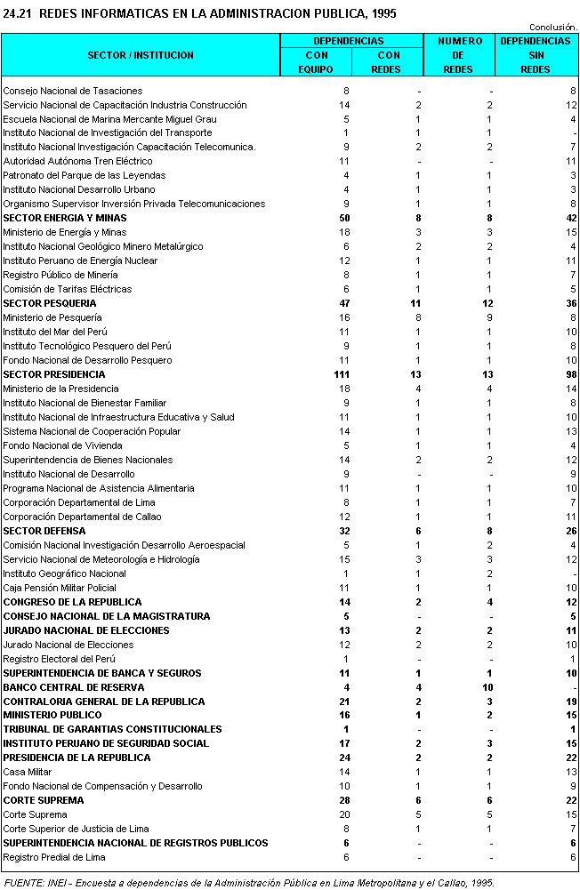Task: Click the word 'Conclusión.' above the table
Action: tap(553, 28)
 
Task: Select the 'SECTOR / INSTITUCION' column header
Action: tap(141, 55)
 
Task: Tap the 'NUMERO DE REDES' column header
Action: tap(460, 55)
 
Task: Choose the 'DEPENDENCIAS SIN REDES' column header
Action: tap(536, 55)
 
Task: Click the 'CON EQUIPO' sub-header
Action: tap(316, 62)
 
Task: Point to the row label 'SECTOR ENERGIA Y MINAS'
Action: tap(65, 218)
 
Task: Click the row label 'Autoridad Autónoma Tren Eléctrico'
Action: tap(77, 161)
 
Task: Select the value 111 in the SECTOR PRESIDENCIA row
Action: tap(341, 374)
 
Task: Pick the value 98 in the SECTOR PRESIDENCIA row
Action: tap(570, 374)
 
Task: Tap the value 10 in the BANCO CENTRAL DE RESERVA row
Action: tap(487, 687)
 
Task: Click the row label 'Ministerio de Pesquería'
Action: tap(52, 317)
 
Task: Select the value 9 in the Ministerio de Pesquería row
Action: tap(489, 317)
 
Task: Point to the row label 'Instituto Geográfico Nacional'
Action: tap(64, 573)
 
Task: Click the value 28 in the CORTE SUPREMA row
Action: tap(343, 800)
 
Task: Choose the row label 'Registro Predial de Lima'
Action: tap(54, 857)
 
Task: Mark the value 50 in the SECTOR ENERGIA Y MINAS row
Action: tap(343, 218)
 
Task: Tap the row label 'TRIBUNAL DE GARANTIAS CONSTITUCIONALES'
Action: tap(112, 729)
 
